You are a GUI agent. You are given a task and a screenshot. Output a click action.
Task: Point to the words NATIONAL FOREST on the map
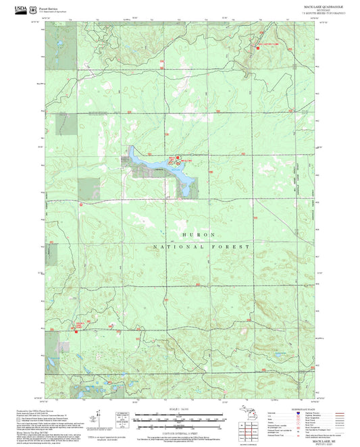click(x=202, y=247)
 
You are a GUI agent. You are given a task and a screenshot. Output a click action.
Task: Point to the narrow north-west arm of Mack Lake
click(x=132, y=151)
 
